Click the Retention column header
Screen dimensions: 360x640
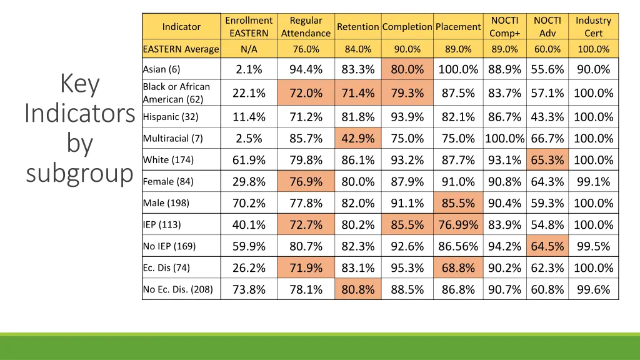[x=358, y=27]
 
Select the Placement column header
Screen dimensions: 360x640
[x=458, y=27]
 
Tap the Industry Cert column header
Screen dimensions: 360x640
[x=593, y=27]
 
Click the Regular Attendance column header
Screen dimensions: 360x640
[x=306, y=27]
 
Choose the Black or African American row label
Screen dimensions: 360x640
[x=176, y=93]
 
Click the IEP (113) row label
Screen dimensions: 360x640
[x=162, y=225]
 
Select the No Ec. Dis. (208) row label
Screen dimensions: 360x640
[x=177, y=289]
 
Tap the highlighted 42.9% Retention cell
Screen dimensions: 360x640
[x=358, y=138]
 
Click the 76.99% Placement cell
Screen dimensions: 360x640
[x=458, y=225]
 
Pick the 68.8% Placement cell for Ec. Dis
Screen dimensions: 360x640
[x=458, y=268]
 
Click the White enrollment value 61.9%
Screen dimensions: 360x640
[x=249, y=160]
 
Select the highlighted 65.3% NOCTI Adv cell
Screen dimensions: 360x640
[x=547, y=160]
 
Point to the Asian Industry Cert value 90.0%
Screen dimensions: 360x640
[x=593, y=69]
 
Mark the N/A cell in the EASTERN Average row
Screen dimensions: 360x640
[x=249, y=49]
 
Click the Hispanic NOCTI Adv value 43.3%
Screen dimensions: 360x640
[x=547, y=117]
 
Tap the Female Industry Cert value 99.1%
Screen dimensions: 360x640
[x=593, y=182]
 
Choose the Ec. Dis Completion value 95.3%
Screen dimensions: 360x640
[x=407, y=268]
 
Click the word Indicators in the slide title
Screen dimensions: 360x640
[x=79, y=114]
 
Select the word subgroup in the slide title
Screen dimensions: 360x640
[x=79, y=174]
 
